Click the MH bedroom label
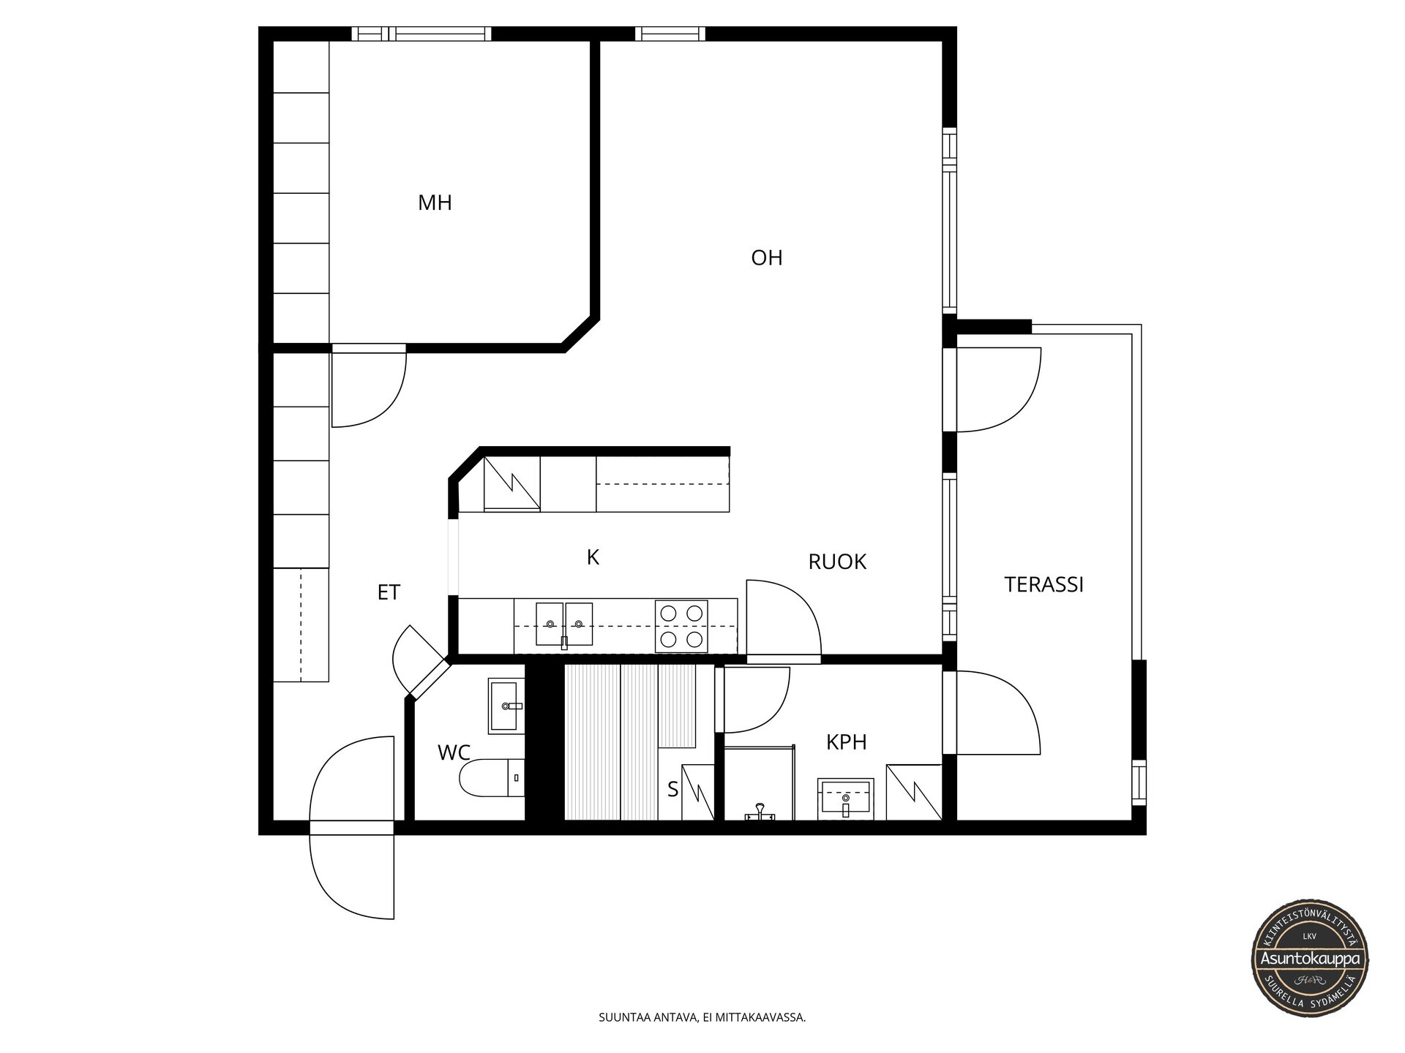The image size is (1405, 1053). [435, 203]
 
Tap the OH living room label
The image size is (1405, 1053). [767, 257]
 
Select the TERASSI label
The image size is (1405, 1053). [1044, 584]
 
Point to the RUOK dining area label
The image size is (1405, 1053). [837, 562]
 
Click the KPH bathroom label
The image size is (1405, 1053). [846, 742]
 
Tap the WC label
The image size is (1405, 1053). [454, 752]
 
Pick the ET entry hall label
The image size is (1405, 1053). [389, 592]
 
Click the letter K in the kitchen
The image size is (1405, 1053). [593, 557]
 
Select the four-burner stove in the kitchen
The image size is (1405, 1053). [681, 626]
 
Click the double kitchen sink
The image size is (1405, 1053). [564, 624]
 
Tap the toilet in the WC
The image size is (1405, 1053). [492, 778]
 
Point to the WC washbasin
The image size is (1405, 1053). [506, 706]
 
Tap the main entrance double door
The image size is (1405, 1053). [352, 827]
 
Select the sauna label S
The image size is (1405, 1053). [672, 789]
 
